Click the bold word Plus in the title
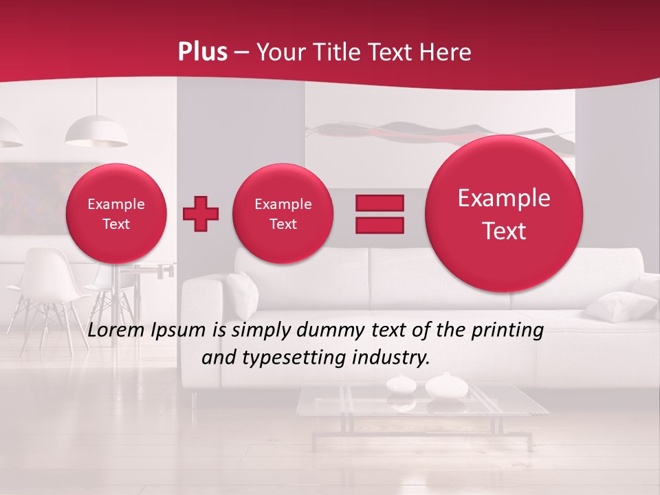pyautogui.click(x=202, y=52)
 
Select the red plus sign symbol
pyautogui.click(x=201, y=213)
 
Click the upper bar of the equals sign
pyautogui.click(x=379, y=203)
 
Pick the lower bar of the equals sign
pyautogui.click(x=379, y=225)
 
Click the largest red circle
pyautogui.click(x=504, y=214)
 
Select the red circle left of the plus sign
pyautogui.click(x=116, y=214)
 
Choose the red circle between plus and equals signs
pyautogui.click(x=283, y=214)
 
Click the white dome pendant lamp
pyautogui.click(x=96, y=131)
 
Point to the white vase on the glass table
pyautogui.click(x=445, y=386)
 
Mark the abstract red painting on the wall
pyautogui.click(x=440, y=133)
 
